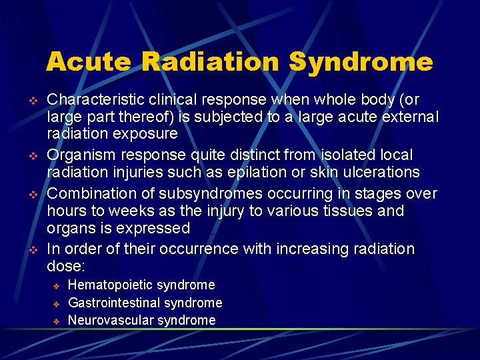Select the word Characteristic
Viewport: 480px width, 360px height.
95,100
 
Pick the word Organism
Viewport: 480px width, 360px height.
78,155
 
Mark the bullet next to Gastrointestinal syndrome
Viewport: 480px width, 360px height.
57,303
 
